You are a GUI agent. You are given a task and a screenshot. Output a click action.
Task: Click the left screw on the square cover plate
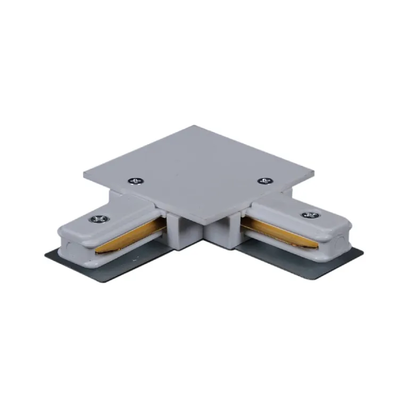[x=135, y=181]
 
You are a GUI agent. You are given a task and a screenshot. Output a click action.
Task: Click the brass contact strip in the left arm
[x=133, y=237]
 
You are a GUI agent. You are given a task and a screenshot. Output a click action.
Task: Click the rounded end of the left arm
[x=66, y=242]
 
